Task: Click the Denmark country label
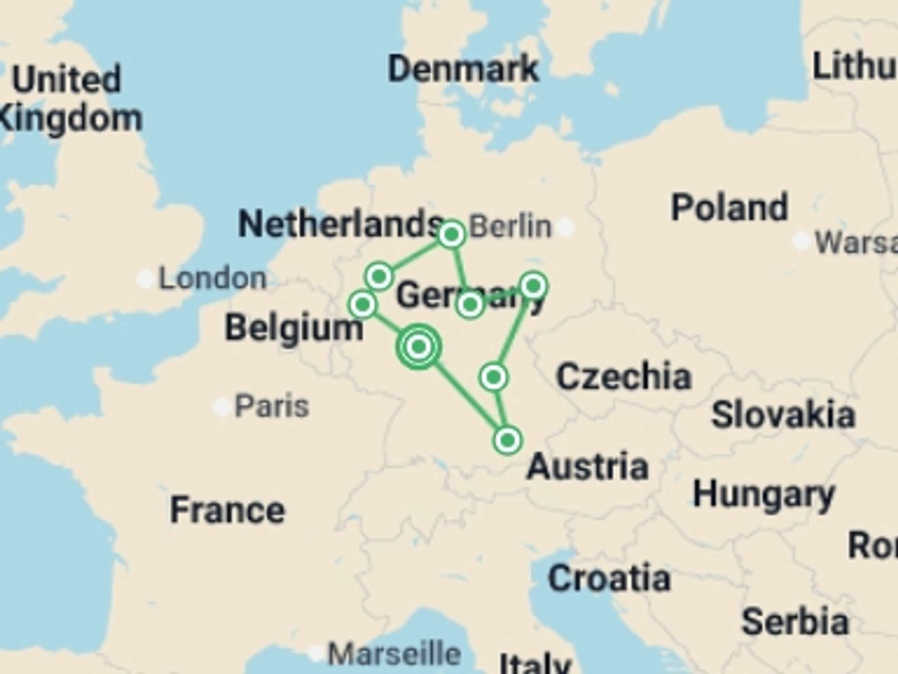[x=463, y=69]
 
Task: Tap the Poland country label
[x=730, y=207]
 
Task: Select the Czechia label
[x=624, y=376]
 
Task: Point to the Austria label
[x=587, y=467]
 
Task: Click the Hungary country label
[x=764, y=495]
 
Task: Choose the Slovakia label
[x=783, y=415]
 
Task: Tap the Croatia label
[x=609, y=579]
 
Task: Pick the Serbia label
[x=795, y=622]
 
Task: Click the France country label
[x=227, y=510]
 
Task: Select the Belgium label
[x=294, y=328]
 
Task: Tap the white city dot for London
[x=145, y=279]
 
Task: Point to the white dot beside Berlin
[x=565, y=227]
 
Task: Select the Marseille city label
[x=394, y=654]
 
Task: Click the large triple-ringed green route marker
[x=419, y=347]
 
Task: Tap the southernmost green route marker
[x=507, y=440]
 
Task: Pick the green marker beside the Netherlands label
[x=451, y=234]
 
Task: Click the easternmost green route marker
[x=534, y=286]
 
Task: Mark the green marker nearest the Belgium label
[x=362, y=305]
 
